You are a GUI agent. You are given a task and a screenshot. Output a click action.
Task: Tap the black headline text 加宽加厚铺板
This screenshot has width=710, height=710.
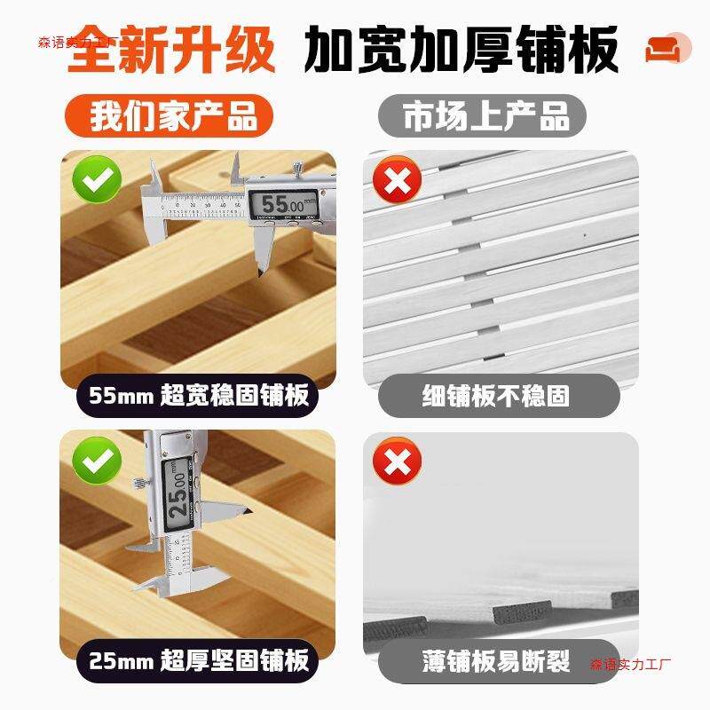[461, 51]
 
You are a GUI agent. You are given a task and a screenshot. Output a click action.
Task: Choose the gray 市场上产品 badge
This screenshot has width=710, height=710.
[486, 116]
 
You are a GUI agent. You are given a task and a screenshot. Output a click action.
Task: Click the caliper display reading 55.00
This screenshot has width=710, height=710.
[283, 204]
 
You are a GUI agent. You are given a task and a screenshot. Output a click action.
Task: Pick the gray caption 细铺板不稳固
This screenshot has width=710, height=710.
[496, 395]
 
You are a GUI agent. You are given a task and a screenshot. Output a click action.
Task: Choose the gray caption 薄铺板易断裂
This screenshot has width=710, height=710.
[496, 660]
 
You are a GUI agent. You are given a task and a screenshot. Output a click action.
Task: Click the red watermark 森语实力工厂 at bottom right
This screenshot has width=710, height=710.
[632, 663]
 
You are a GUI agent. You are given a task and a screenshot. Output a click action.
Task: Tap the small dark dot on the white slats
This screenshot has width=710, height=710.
[584, 235]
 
